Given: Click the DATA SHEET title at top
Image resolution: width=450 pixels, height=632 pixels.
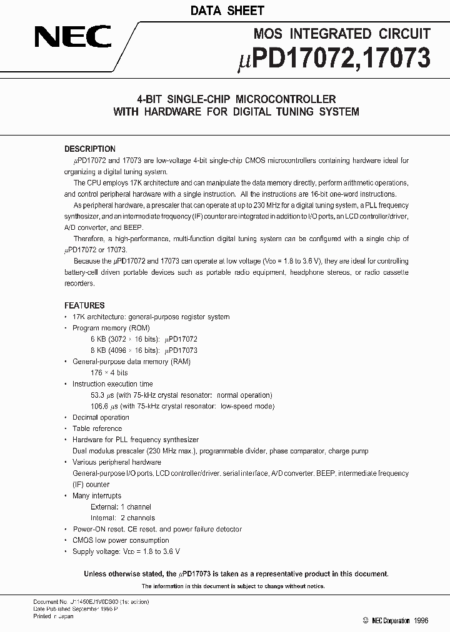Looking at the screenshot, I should click(x=227, y=11).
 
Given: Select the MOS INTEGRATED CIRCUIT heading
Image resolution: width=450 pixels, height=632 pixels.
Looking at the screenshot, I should click(x=342, y=34).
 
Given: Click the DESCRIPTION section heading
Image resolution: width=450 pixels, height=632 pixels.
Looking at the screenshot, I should click(x=90, y=149).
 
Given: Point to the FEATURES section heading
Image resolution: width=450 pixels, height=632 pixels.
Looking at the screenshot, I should click(x=84, y=306).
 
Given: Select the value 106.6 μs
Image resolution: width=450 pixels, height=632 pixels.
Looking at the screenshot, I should click(x=104, y=407).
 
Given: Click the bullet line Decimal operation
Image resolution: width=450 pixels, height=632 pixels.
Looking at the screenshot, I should click(x=101, y=418).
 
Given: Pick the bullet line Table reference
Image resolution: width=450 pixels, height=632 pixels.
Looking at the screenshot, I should click(x=97, y=429).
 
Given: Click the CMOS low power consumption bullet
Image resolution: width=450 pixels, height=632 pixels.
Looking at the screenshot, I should click(x=121, y=541).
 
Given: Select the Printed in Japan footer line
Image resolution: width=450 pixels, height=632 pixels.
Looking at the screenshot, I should click(x=53, y=616).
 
